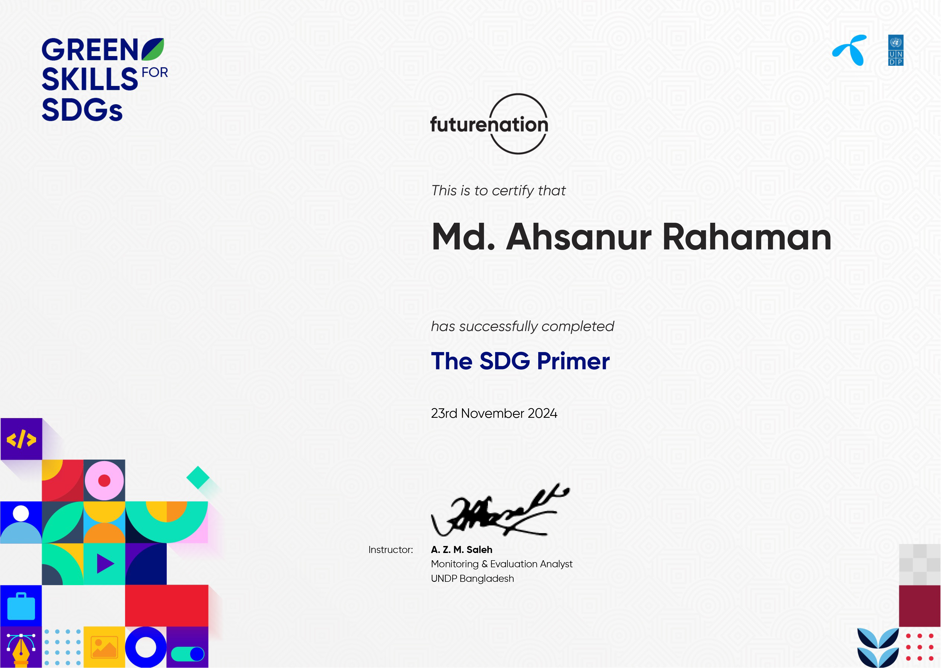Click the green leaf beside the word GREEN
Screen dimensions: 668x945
[153, 49]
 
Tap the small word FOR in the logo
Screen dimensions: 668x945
[155, 73]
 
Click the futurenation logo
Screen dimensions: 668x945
[489, 124]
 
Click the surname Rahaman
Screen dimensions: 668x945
[747, 238]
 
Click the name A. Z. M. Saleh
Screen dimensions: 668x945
[461, 550]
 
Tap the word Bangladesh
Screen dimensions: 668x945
[487, 579]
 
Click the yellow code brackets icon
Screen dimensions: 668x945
[21, 439]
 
